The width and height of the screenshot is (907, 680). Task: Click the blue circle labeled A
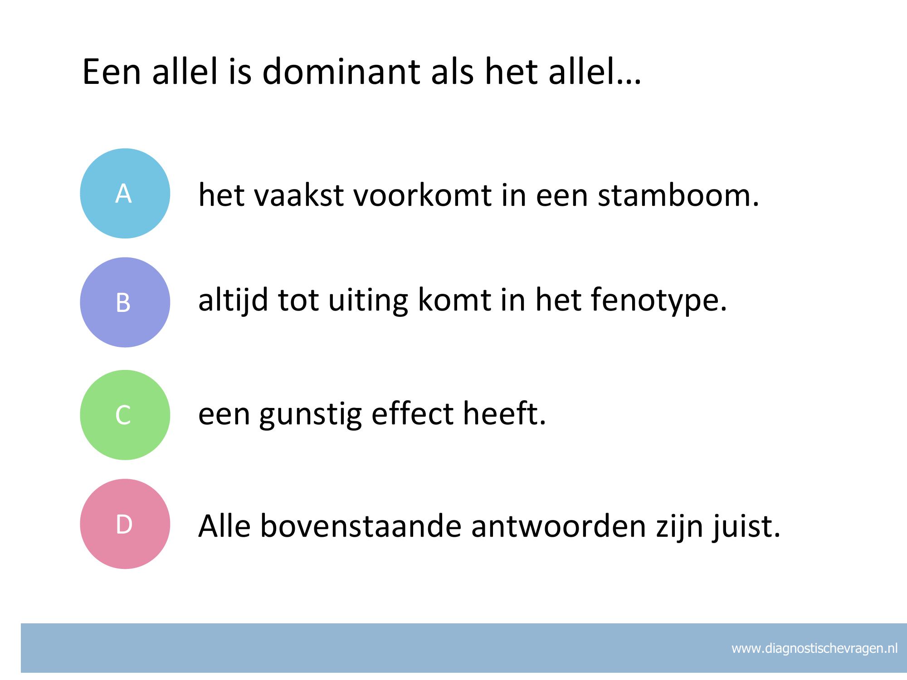(125, 193)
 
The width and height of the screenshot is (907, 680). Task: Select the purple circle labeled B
(125, 302)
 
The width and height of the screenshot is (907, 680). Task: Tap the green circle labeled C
(125, 415)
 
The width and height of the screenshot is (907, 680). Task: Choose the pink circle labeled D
(125, 524)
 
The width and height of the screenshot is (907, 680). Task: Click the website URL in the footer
(814, 648)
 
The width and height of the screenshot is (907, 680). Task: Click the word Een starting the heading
(112, 71)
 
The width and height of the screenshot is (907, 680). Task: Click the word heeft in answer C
(504, 413)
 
